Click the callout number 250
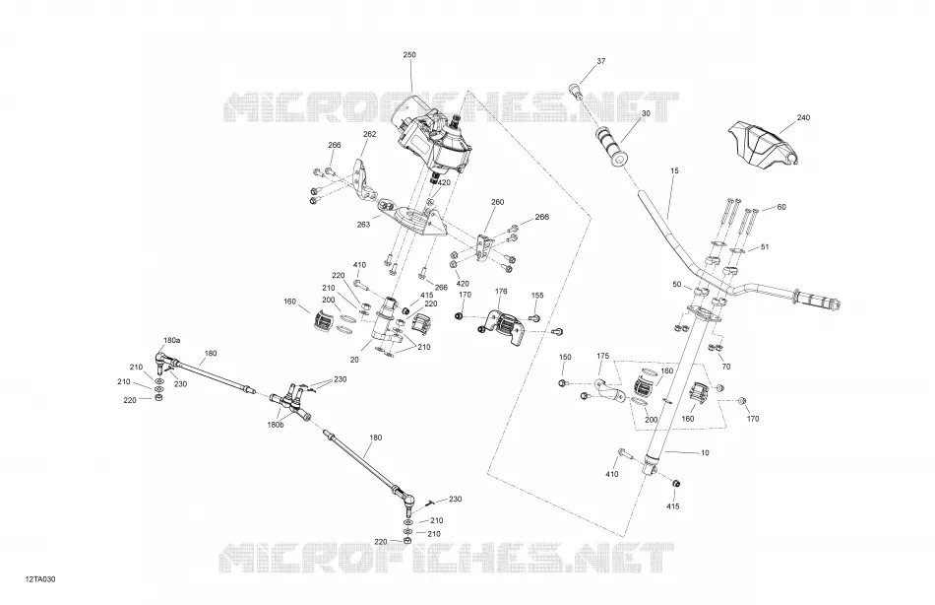409,55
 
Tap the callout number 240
803,117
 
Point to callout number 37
600,61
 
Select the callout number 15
674,170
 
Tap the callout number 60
781,207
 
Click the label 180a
171,340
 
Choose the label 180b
277,425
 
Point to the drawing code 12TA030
40,579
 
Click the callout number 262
370,134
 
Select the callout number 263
363,225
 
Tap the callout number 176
501,292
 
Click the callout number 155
537,295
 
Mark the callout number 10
705,453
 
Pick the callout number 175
603,356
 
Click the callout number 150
565,357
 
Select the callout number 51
765,247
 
